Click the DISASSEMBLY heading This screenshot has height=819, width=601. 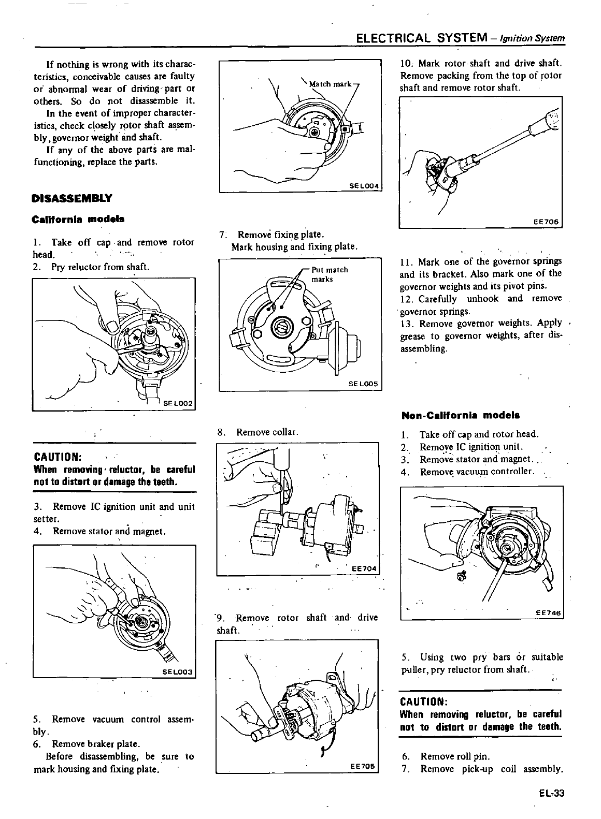[71, 198]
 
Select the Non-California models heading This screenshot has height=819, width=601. [461, 415]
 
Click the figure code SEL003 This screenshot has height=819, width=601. [177, 672]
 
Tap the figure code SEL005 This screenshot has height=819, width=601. [364, 384]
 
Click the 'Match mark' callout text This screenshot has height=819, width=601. [330, 84]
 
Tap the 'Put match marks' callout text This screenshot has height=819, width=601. [329, 274]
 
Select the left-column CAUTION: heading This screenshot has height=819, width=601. [57, 457]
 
